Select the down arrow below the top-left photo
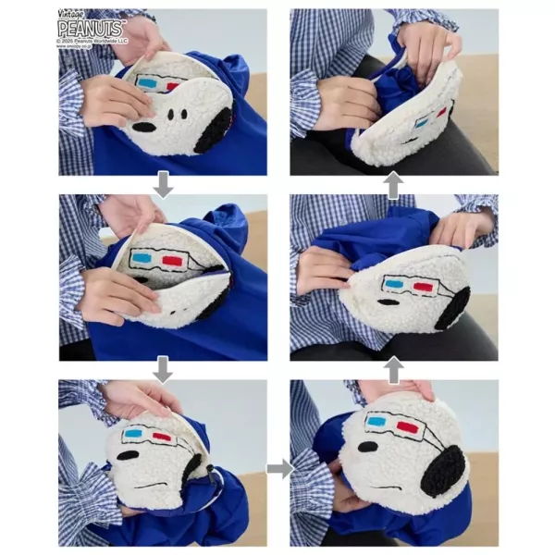click(162, 185)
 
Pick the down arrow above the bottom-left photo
click(162, 370)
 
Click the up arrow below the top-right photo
click(392, 185)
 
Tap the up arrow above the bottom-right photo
click(392, 370)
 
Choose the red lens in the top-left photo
click(171, 86)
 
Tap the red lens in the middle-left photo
click(171, 262)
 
